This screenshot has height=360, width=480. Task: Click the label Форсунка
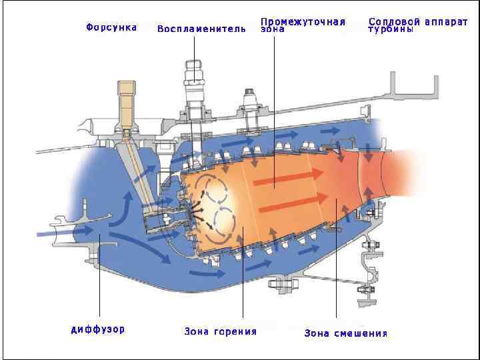pos(111,27)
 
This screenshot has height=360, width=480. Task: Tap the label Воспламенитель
pos(201,29)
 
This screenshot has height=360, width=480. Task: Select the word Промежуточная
pos(303,21)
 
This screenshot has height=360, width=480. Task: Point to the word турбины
pos(391,29)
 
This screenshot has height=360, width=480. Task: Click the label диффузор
pos(98,329)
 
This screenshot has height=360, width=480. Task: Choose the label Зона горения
pos(220,331)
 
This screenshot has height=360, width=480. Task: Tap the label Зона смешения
pos(345,333)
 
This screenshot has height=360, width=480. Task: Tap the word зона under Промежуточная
pos(272,29)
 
